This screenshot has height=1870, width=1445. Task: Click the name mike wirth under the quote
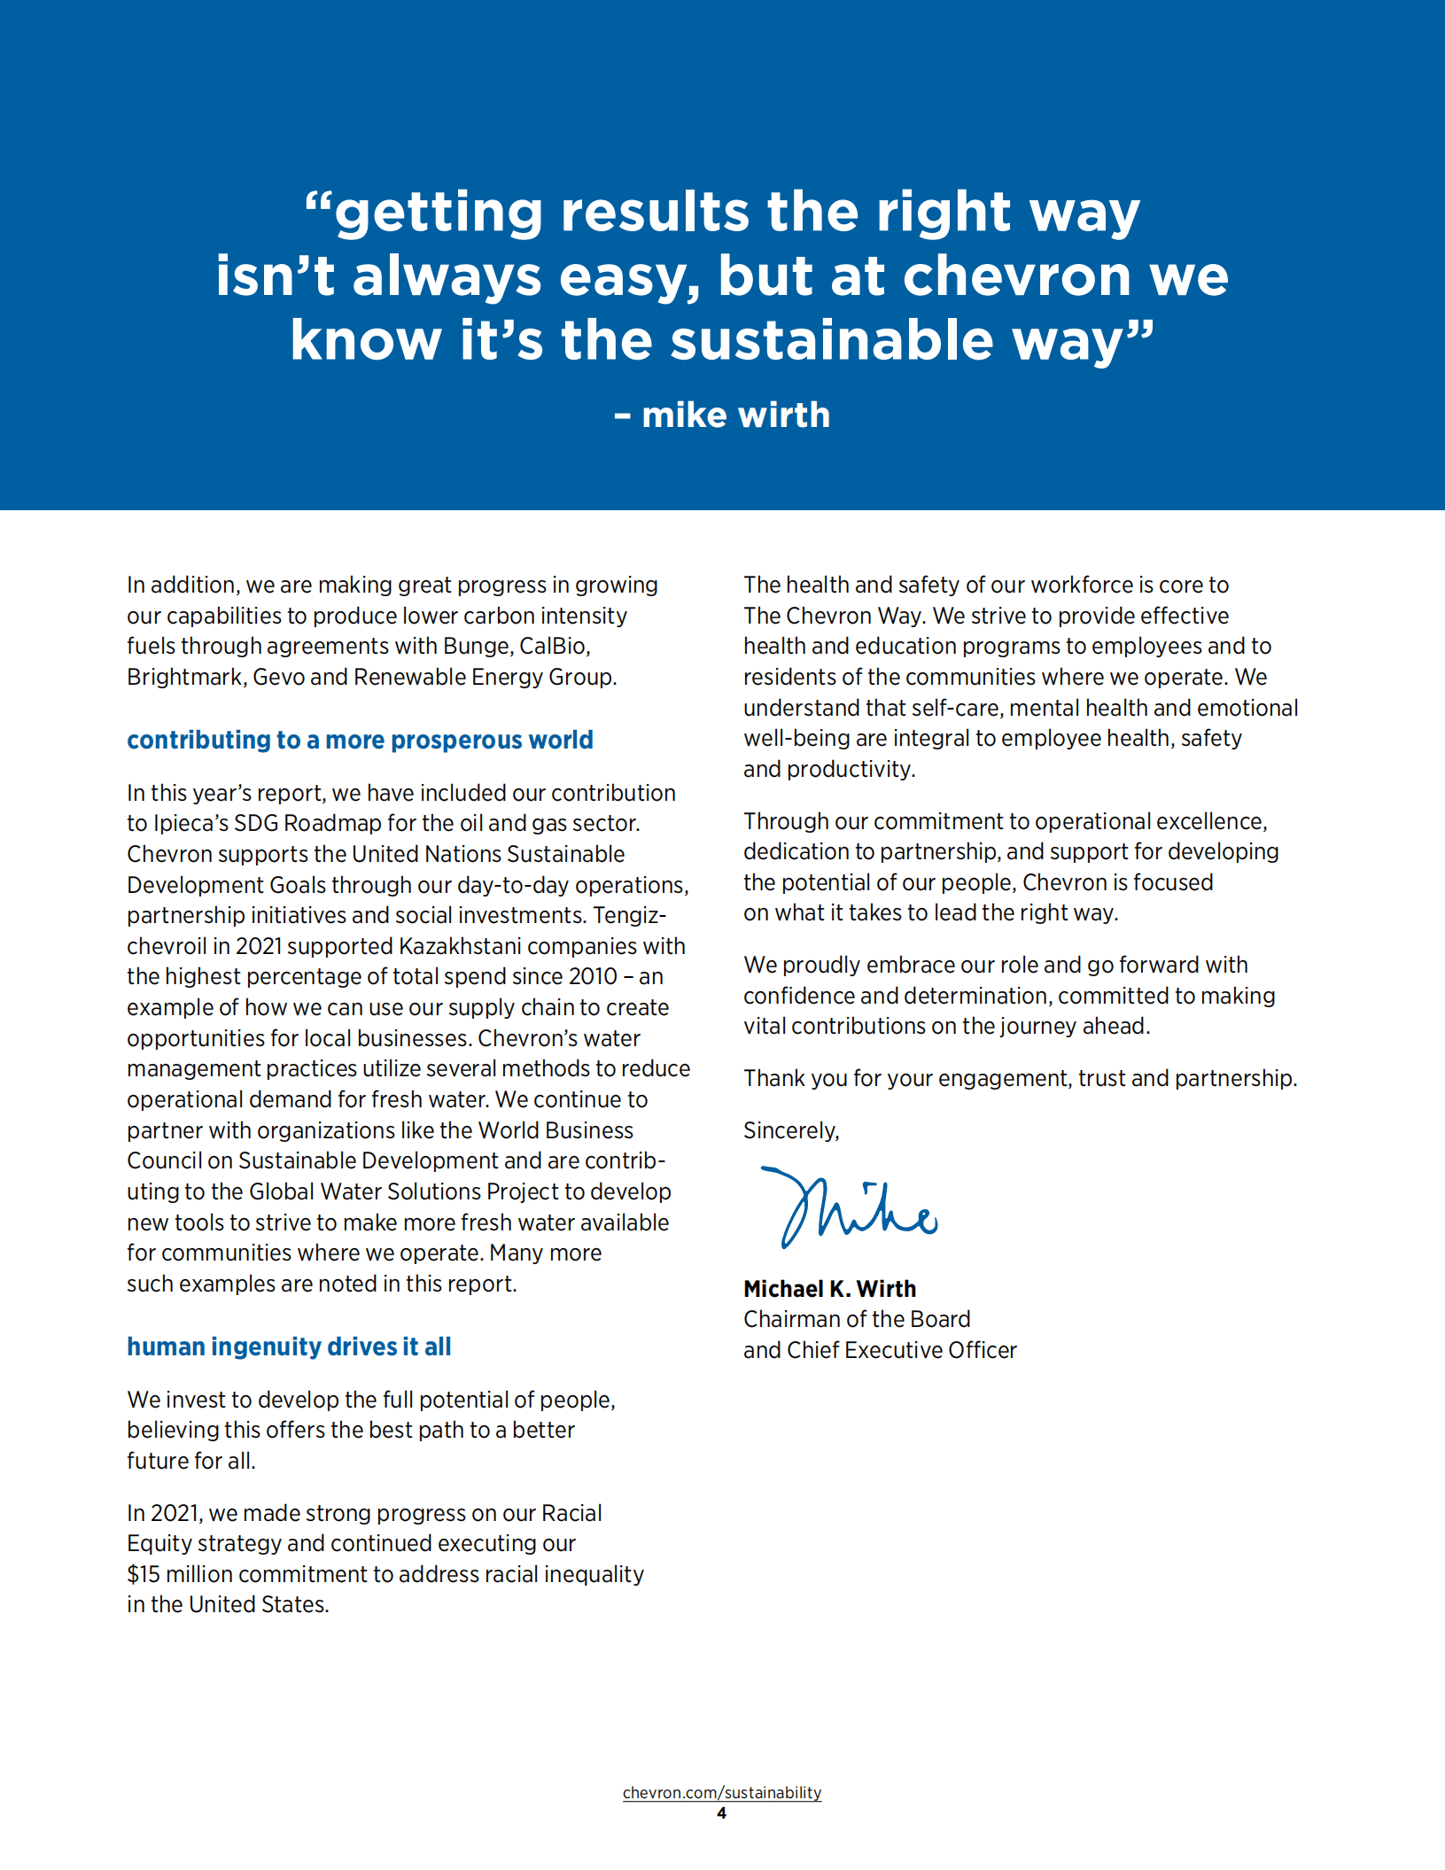[735, 415]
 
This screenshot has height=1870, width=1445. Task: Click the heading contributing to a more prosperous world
[360, 740]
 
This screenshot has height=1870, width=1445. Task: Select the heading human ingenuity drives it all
[289, 1346]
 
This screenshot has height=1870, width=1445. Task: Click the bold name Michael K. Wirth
[829, 1289]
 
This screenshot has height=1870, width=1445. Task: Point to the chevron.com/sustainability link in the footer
[722, 1792]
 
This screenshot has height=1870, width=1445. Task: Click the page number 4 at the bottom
[721, 1813]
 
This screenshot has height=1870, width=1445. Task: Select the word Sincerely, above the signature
[791, 1131]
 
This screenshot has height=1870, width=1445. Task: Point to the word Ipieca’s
[190, 824]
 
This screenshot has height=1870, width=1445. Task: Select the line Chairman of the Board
[857, 1319]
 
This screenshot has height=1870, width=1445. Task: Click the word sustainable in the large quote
[832, 341]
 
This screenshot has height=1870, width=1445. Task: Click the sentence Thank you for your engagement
[1020, 1079]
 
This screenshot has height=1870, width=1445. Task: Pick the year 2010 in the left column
[594, 977]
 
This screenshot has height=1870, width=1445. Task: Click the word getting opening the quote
[439, 213]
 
